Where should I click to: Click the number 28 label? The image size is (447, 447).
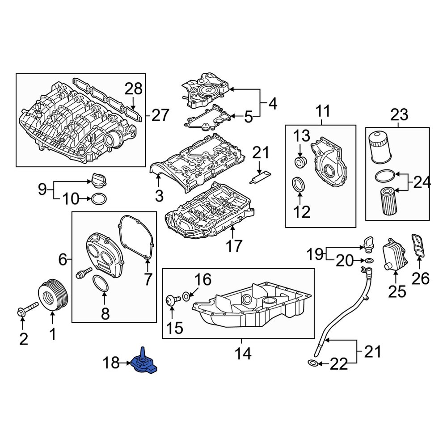(133, 89)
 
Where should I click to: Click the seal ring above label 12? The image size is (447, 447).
(298, 185)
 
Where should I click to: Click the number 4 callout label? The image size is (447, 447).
(273, 104)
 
